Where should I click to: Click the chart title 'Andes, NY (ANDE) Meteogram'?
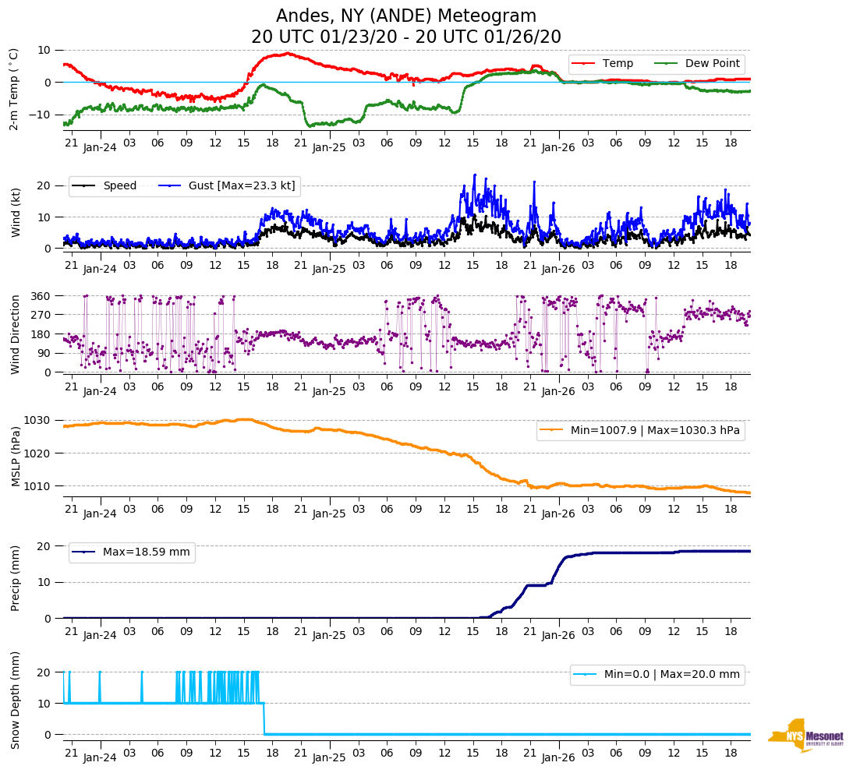[405, 16]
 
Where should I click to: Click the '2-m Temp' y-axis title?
[14, 89]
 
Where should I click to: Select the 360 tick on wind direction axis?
[41, 296]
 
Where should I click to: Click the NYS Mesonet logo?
[806, 736]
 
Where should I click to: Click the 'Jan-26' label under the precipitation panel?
[558, 635]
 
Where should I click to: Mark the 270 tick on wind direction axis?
[41, 315]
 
